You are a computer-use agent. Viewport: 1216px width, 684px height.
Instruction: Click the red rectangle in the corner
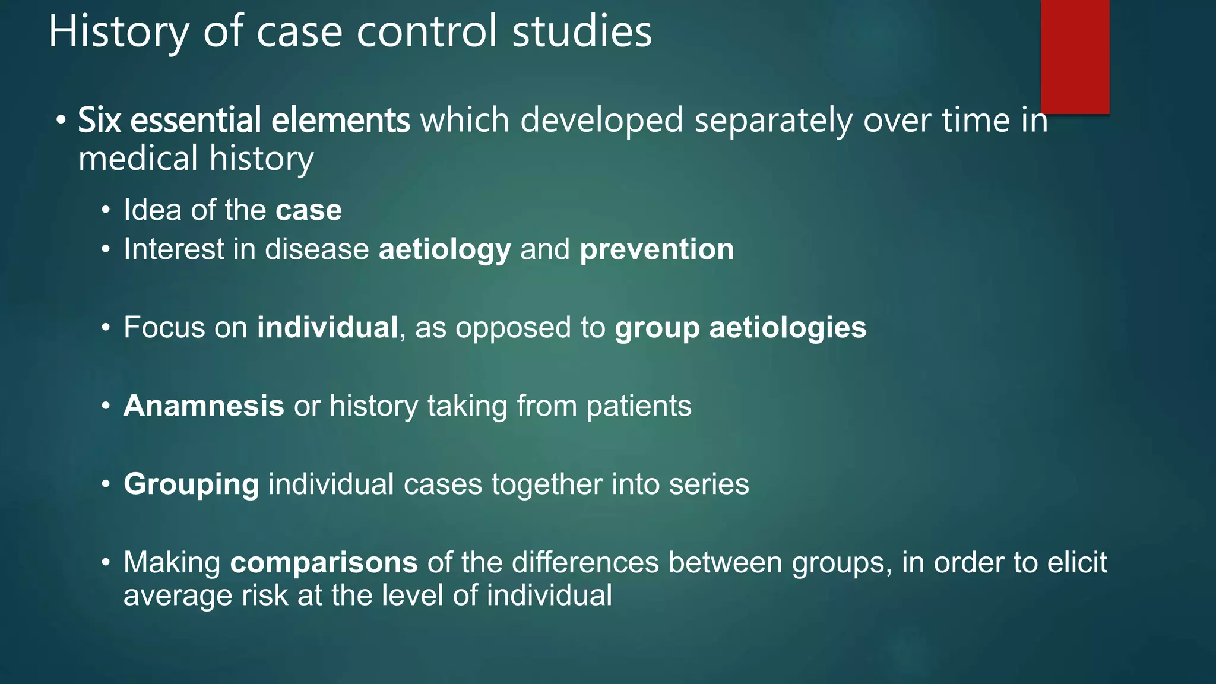[x=1075, y=56]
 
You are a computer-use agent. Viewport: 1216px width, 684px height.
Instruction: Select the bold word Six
[x=99, y=120]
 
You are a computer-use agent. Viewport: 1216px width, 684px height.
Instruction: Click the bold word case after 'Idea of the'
[x=309, y=210]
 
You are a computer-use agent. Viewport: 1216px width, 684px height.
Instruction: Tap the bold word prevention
[x=657, y=249]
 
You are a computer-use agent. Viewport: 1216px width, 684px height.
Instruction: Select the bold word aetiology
[x=445, y=249]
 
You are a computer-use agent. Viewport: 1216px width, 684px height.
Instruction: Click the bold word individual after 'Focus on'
[x=327, y=327]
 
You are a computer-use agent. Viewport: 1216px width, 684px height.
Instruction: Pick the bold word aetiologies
[x=788, y=328]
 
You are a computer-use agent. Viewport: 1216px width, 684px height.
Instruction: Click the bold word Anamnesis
[x=204, y=406]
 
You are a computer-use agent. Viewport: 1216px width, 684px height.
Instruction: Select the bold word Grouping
[x=191, y=484]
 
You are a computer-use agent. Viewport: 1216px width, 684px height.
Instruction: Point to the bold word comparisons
[x=324, y=563]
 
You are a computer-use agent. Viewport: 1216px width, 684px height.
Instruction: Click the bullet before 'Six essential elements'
[x=62, y=121]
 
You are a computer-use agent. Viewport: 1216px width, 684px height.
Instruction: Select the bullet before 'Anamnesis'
[x=106, y=407]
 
